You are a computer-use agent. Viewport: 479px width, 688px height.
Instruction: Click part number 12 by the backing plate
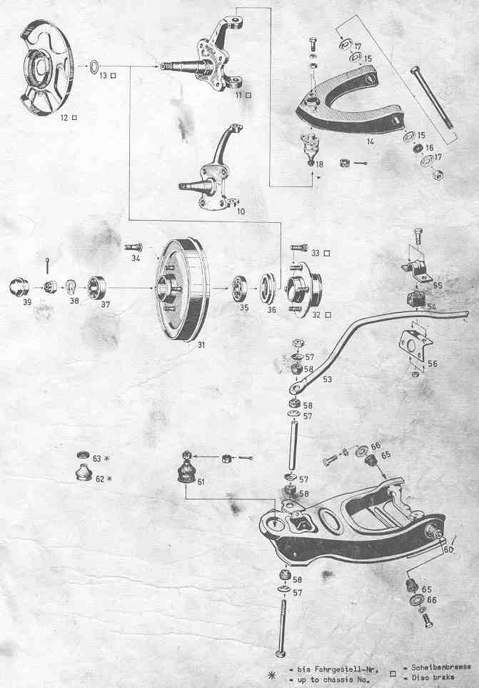coord(65,117)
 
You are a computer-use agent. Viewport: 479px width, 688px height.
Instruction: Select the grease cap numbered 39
coord(18,288)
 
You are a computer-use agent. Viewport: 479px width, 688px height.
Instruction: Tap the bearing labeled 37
coord(97,288)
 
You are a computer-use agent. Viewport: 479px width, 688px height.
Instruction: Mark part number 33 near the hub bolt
coord(316,253)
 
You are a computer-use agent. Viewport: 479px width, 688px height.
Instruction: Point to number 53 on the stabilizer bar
coord(328,379)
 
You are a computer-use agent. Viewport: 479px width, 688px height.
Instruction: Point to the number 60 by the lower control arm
coord(448,550)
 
